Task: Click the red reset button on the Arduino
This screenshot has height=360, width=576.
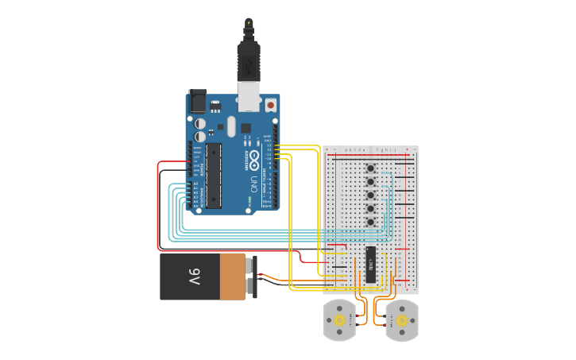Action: [x=271, y=104]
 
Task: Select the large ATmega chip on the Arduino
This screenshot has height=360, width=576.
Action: [x=213, y=176]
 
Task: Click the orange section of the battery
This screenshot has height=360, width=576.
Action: [x=234, y=277]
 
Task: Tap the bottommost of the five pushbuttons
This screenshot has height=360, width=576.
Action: [x=370, y=222]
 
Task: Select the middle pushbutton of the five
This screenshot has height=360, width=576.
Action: [x=370, y=195]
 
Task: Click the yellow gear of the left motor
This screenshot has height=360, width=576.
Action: [x=340, y=320]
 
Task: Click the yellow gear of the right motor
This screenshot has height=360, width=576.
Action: [x=401, y=320]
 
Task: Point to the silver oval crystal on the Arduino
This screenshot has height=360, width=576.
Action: [x=231, y=126]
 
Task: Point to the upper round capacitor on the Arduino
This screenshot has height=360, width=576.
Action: [x=199, y=123]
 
